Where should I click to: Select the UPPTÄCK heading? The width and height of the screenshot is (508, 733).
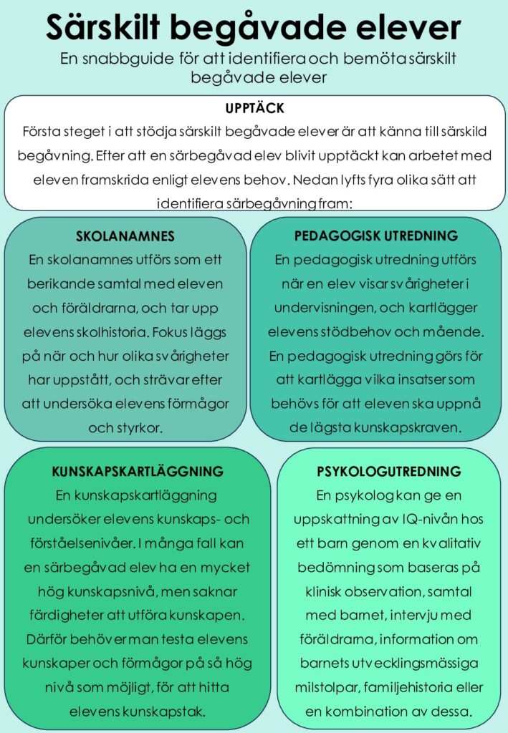coord(254,109)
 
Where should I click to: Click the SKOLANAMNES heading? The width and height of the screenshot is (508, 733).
coord(125,236)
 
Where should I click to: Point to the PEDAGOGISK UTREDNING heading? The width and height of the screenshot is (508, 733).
coord(376,236)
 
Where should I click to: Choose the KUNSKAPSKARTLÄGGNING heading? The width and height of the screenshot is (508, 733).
coord(138,471)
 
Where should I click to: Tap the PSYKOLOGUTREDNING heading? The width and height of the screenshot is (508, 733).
coord(389,472)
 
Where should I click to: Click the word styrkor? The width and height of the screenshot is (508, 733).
coord(139,428)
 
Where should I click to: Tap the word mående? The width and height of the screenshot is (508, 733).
coord(460,332)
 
